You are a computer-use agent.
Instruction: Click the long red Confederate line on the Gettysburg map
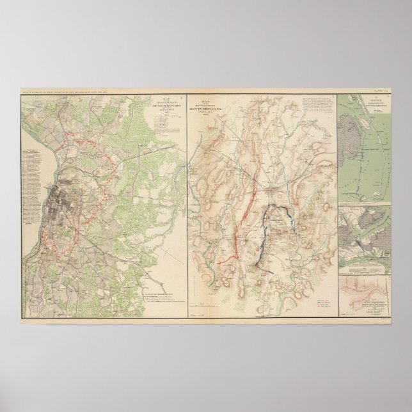point(243,221)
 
